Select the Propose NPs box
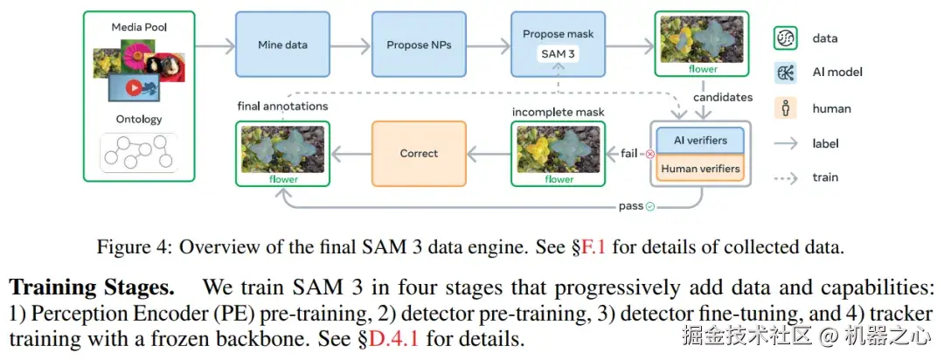tap(419, 45)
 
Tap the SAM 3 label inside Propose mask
tap(558, 52)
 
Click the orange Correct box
tap(419, 153)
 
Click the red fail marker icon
tap(649, 154)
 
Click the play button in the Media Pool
tap(134, 87)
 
